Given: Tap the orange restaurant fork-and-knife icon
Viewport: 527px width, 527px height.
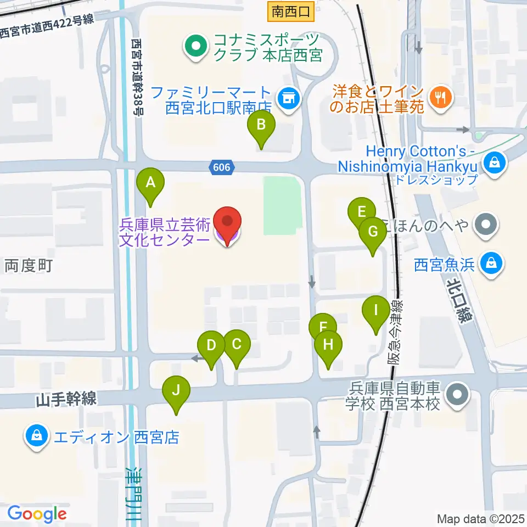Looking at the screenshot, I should pyautogui.click(x=440, y=98).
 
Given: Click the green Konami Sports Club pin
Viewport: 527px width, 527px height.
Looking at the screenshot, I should pyautogui.click(x=194, y=48).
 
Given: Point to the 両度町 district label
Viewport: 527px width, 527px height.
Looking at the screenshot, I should pyautogui.click(x=29, y=266).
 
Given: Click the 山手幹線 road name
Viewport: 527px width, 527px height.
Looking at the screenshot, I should pyautogui.click(x=66, y=400).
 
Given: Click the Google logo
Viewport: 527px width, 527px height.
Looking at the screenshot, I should pyautogui.click(x=37, y=514).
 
